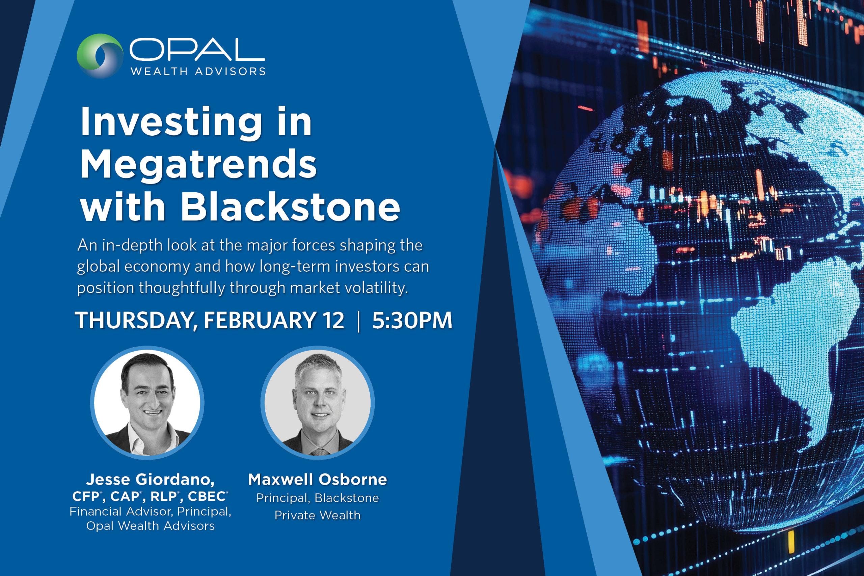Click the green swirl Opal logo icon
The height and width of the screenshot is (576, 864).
[x=100, y=55]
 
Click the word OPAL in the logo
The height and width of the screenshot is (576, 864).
[x=197, y=50]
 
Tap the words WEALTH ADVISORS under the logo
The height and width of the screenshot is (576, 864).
[x=198, y=71]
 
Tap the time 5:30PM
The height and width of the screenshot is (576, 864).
[x=412, y=320]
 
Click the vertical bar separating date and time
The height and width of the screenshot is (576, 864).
[x=358, y=321]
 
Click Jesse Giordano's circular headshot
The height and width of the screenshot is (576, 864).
[x=147, y=403]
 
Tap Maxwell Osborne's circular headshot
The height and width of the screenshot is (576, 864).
[x=318, y=403]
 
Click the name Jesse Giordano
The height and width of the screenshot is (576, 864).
[x=150, y=479]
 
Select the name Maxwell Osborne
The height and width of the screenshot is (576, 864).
[x=318, y=479]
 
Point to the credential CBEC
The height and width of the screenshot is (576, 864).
[x=207, y=496]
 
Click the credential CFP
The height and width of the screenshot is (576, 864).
[x=86, y=496]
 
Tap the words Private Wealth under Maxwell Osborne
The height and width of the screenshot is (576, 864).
[x=318, y=515]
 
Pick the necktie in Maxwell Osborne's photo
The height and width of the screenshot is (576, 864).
[x=319, y=451]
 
